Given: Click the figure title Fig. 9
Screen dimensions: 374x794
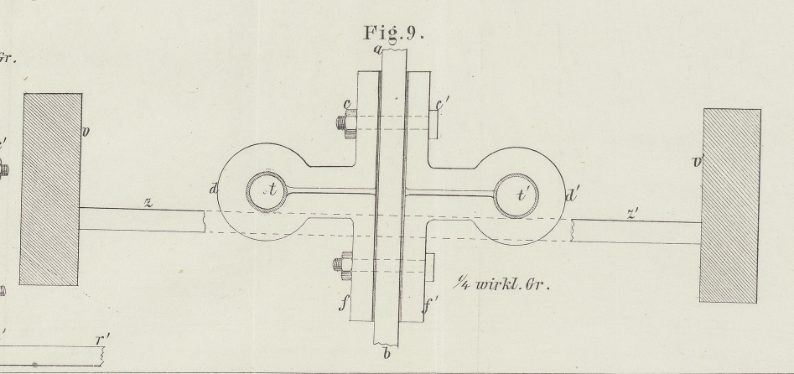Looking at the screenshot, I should pyautogui.click(x=394, y=34).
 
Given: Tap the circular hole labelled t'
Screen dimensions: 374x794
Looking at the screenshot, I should pyautogui.click(x=516, y=195).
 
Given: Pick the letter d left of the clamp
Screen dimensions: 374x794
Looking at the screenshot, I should pyautogui.click(x=214, y=190).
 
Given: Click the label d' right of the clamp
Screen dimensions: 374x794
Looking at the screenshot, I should pyautogui.click(x=574, y=195).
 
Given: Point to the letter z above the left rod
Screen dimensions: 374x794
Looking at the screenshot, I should pyautogui.click(x=148, y=202).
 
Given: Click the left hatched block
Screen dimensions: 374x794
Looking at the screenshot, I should pyautogui.click(x=52, y=189).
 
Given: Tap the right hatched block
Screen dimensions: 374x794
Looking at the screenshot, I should pyautogui.click(x=732, y=205).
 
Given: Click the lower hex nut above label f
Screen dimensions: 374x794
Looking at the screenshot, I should pyautogui.click(x=342, y=267).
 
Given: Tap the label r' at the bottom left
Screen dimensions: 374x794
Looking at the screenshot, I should pyautogui.click(x=102, y=340).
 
